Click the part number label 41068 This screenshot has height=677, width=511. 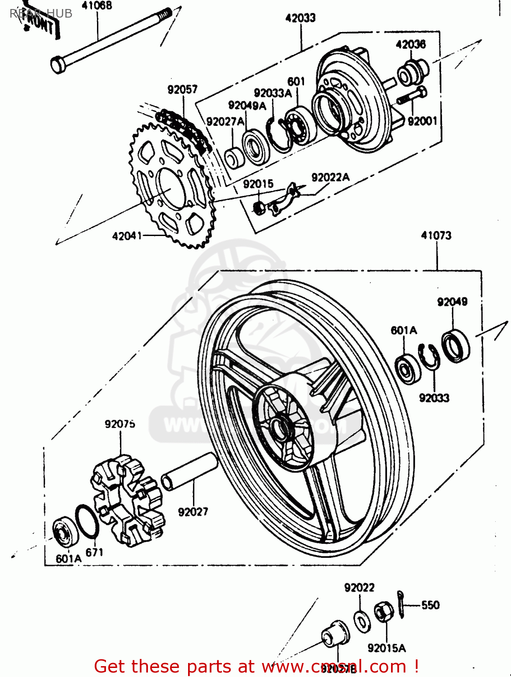pyautogui.click(x=97, y=6)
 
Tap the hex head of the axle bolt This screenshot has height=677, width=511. pyautogui.click(x=58, y=65)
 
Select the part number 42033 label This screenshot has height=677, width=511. pyautogui.click(x=300, y=18)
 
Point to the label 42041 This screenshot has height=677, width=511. pyautogui.click(x=127, y=236)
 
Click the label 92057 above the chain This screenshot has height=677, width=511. pyautogui.click(x=182, y=89)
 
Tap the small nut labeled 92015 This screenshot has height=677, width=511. pyautogui.click(x=259, y=207)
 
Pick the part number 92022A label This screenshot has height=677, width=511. pyautogui.click(x=330, y=177)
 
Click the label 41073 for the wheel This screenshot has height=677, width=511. pyautogui.click(x=436, y=236)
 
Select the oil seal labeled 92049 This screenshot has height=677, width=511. pyautogui.click(x=455, y=346)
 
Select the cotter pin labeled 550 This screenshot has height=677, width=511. pyautogui.click(x=401, y=605)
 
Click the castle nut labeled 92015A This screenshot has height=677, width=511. pyautogui.click(x=384, y=614)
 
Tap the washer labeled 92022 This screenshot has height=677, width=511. pyautogui.click(x=362, y=621)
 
